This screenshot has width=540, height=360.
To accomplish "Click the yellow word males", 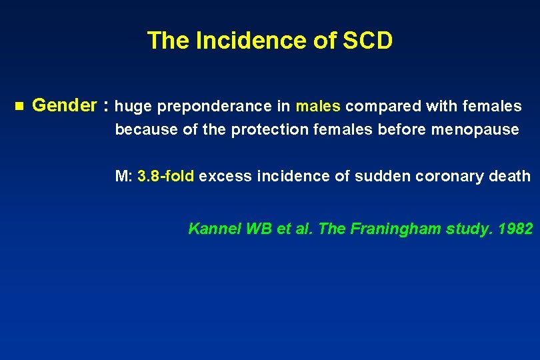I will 318,106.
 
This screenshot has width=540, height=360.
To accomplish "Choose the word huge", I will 132,107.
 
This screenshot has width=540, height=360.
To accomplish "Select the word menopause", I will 475,129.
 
